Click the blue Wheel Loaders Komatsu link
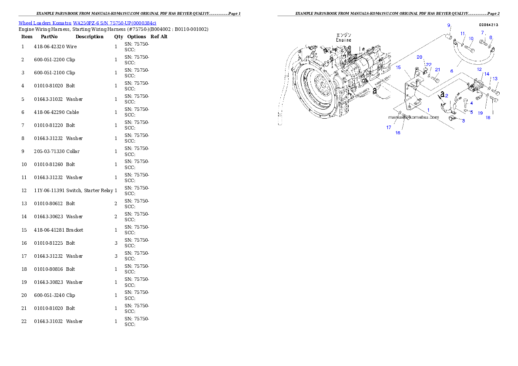(87, 23)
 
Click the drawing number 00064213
(489, 25)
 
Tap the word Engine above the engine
(343, 40)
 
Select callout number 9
(449, 25)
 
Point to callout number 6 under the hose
(452, 71)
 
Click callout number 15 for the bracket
(398, 67)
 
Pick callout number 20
(420, 57)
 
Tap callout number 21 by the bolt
(438, 70)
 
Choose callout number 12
(479, 69)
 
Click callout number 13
(495, 79)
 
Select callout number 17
(389, 127)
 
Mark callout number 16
(398, 133)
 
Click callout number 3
(463, 121)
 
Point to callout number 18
(488, 117)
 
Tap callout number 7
(482, 33)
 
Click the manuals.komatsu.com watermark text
(414, 117)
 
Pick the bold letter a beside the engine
(374, 90)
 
